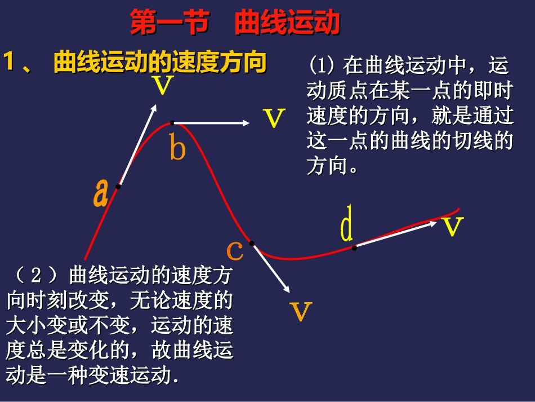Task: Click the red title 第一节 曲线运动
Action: coord(235,24)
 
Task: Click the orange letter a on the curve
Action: coord(101,193)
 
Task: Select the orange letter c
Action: coord(235,250)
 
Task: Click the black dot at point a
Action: coord(118,187)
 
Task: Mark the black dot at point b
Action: coord(172,122)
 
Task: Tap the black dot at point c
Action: coord(252,244)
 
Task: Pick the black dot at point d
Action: coord(354,247)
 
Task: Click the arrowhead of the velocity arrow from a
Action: coord(154,107)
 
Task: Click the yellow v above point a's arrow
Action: coord(163,86)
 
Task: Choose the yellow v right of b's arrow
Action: coord(274,118)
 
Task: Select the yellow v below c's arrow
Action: coord(300,311)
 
